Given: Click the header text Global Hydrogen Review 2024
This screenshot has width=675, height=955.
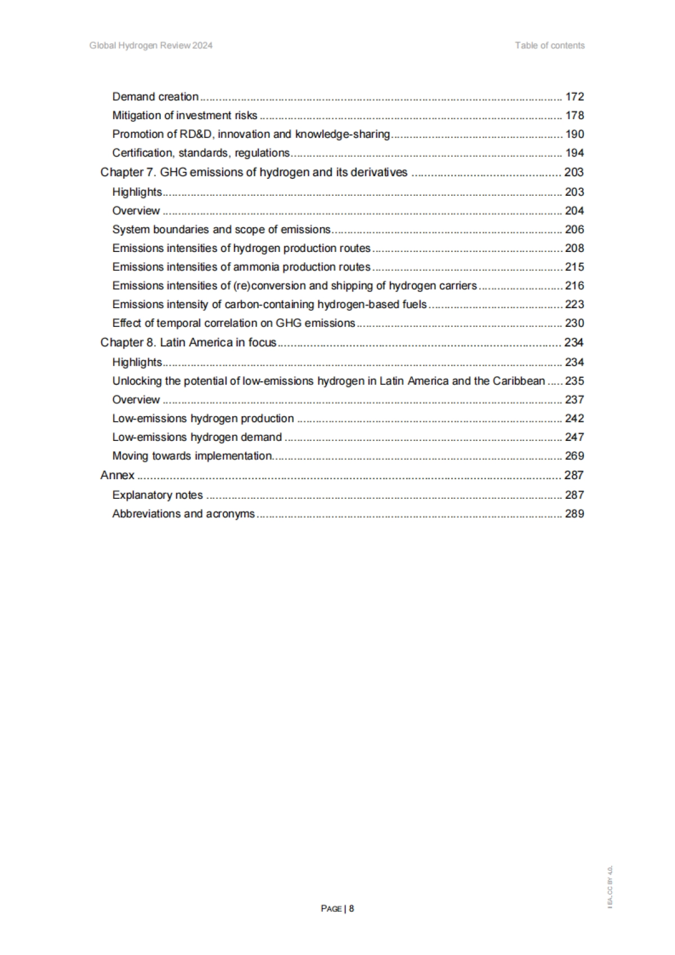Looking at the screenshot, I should click(x=151, y=46).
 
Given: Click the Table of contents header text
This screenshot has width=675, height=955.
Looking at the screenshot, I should click(x=550, y=46).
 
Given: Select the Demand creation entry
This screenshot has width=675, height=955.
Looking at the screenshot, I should click(x=155, y=97).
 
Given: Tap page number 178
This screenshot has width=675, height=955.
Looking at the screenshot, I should click(x=574, y=115).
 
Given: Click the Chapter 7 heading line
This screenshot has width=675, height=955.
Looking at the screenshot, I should click(x=254, y=172).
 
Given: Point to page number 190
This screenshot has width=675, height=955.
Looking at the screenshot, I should click(x=574, y=134).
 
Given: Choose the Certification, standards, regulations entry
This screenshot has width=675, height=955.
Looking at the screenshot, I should click(x=201, y=153).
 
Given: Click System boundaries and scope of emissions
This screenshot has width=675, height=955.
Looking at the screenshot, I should click(x=221, y=229).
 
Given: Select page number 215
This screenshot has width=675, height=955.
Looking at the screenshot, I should click(x=574, y=267).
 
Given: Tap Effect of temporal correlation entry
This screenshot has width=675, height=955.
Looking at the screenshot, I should click(x=233, y=323).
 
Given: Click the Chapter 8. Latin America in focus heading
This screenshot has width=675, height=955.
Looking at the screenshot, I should click(x=188, y=343).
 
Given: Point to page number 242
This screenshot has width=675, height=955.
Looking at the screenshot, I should click(x=574, y=418).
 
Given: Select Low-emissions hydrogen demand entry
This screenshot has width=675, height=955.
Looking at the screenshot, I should click(x=197, y=437).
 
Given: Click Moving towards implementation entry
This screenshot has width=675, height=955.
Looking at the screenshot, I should click(x=192, y=456).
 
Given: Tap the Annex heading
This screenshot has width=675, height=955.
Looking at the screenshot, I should click(x=118, y=475).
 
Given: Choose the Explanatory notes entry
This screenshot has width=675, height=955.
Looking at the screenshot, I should click(x=157, y=495).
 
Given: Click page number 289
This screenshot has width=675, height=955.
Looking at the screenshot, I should click(x=574, y=513).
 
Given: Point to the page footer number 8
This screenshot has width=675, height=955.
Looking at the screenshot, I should click(x=352, y=908).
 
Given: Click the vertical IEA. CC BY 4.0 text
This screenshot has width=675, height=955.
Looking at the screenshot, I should click(x=610, y=886).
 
